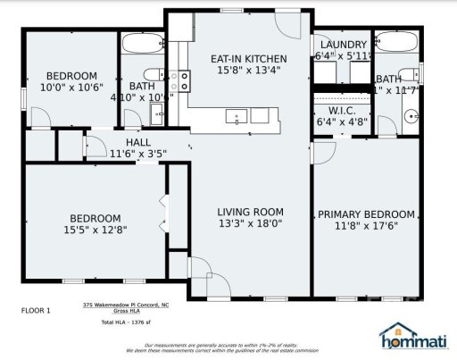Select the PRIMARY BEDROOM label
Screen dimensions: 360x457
pos(366,214)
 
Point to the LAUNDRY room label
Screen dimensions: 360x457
pos(342,46)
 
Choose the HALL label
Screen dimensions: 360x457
pos(137,142)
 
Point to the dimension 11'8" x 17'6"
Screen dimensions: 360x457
pos(366,227)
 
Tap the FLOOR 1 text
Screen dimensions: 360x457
pos(36,310)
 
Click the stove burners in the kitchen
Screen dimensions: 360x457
pos(182,81)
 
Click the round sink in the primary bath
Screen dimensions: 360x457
pos(411,114)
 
